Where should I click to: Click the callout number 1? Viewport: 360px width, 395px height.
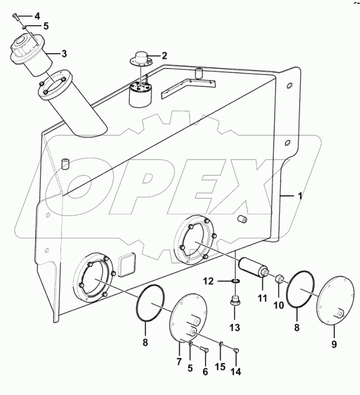300,196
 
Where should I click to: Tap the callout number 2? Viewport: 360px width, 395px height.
165,55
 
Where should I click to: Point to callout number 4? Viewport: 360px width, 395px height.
37,14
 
